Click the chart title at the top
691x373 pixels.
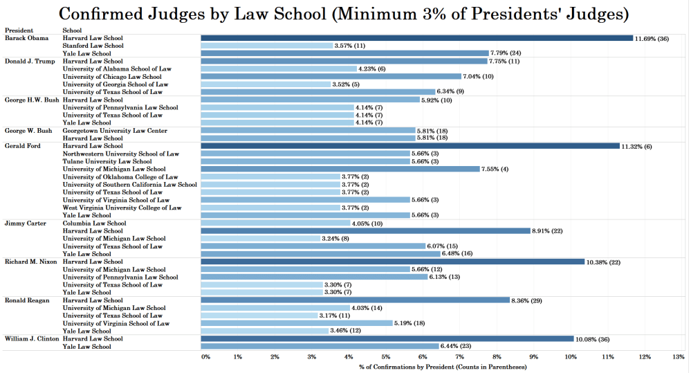pyautogui.click(x=345, y=14)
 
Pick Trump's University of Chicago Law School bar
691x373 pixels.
pyautogui.click(x=331, y=76)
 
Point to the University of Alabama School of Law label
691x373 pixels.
pyautogui.click(x=117, y=69)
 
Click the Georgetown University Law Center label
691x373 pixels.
pyautogui.click(x=115, y=130)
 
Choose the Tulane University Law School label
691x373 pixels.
pyautogui.click(x=107, y=161)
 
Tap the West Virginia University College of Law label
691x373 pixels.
pyautogui.click(x=122, y=208)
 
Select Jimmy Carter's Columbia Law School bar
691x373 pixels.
pyautogui.click(x=275, y=223)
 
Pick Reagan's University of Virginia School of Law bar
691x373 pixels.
pyautogui.click(x=297, y=323)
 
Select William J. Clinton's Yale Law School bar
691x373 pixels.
pyautogui.click(x=320, y=346)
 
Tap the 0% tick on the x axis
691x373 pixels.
pyautogui.click(x=205, y=356)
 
